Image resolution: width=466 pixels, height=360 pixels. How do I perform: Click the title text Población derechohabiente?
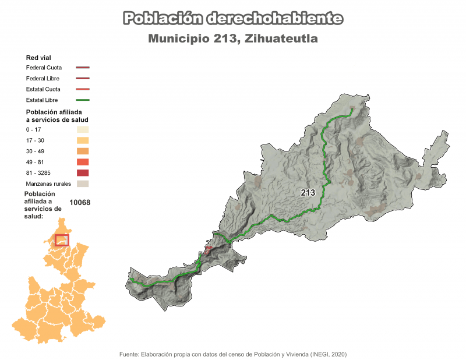[232, 19]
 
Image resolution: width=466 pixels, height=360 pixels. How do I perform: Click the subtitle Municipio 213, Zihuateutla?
[232, 39]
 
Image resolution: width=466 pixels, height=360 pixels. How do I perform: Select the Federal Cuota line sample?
[82, 68]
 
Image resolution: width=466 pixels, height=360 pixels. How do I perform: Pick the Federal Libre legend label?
[43, 79]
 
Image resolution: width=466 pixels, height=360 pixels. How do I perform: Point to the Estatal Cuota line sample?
[82, 90]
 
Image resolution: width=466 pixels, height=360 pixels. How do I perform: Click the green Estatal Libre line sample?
[82, 101]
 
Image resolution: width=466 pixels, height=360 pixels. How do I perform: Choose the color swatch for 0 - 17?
[82, 129]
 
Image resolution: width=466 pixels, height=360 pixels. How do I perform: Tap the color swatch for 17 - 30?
[82, 140]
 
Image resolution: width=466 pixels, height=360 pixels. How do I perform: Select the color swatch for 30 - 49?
[82, 151]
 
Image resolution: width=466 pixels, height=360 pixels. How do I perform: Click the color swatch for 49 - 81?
[82, 162]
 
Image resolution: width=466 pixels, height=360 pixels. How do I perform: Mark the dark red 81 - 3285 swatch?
[82, 173]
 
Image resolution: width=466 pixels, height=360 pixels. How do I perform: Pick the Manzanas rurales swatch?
[82, 184]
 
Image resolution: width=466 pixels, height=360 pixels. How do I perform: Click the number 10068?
[80, 202]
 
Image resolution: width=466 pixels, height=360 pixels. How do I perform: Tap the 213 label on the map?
[308, 192]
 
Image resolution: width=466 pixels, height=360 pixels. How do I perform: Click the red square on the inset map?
[62, 239]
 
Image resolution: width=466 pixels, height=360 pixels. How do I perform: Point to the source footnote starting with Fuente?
[232, 354]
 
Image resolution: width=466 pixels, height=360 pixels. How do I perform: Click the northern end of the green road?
[352, 110]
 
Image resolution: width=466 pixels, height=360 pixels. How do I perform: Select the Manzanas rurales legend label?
[48, 184]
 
